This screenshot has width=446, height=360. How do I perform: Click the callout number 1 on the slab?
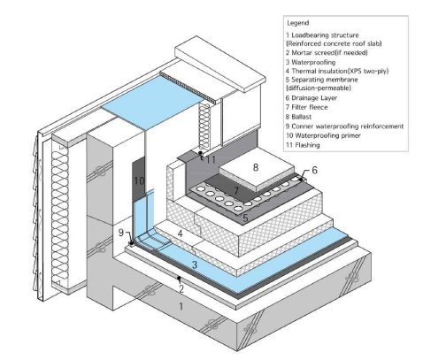[181, 307]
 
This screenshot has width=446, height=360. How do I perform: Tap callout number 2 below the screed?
[181, 288]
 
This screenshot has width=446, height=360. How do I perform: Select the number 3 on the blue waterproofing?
[195, 264]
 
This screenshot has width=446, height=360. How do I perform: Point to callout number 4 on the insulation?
[181, 234]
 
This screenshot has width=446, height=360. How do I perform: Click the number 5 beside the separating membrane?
[245, 218]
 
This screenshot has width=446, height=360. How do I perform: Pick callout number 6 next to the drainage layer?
[314, 170]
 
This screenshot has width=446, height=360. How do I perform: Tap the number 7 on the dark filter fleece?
[236, 191]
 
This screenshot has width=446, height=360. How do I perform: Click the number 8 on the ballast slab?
[256, 167]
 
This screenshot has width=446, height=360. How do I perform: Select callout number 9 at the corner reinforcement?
[121, 233]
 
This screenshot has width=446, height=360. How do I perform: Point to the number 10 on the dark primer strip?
[139, 180]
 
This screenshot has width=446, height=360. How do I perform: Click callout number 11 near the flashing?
[211, 160]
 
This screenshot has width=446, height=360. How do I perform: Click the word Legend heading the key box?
[298, 23]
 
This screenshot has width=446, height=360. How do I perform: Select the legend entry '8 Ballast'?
[298, 117]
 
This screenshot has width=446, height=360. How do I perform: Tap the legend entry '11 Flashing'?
[303, 145]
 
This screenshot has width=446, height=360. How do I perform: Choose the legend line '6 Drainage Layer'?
[311, 98]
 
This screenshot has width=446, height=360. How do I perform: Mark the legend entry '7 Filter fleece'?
[306, 107]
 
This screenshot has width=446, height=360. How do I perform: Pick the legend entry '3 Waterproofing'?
[311, 62]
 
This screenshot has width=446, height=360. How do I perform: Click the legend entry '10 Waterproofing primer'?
[323, 135]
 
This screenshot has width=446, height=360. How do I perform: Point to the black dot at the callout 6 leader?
[301, 180]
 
